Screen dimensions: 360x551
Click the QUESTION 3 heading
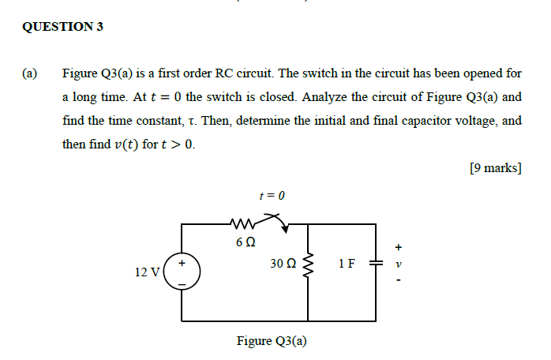point(63,27)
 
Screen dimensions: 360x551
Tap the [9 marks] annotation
point(495,168)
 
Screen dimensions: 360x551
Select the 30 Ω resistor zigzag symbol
point(308,266)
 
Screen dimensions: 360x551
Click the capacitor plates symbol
point(375,265)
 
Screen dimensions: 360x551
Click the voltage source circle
point(183,272)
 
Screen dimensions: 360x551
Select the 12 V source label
point(148,272)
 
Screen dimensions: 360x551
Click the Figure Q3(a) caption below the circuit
point(272,341)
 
